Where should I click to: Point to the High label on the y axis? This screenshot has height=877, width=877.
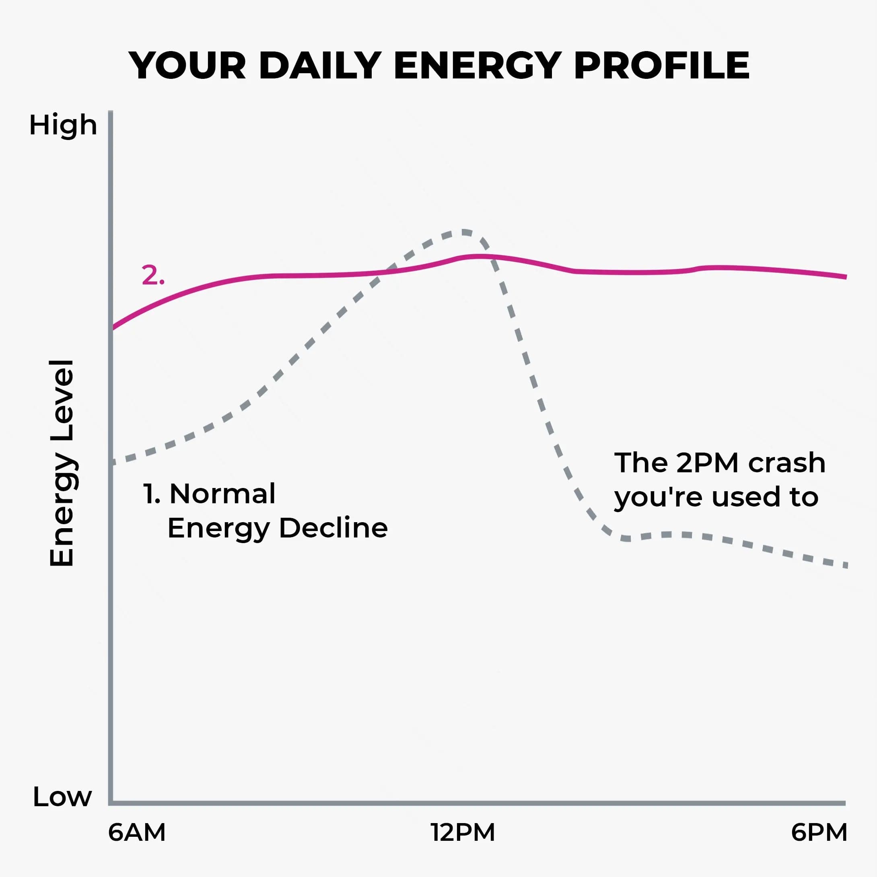(63, 125)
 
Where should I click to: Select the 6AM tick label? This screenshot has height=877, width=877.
(137, 832)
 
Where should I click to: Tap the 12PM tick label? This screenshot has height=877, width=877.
(463, 832)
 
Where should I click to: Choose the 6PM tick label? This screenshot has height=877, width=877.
(819, 832)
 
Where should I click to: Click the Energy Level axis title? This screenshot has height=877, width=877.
(61, 463)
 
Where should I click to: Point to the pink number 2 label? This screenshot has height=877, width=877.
(153, 275)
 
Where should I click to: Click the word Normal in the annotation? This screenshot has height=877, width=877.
(222, 494)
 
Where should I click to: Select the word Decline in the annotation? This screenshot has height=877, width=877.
(333, 527)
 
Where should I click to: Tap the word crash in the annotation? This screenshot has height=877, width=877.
(786, 463)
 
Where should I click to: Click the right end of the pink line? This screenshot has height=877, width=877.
(846, 277)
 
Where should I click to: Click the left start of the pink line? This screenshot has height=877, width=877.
(113, 328)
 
